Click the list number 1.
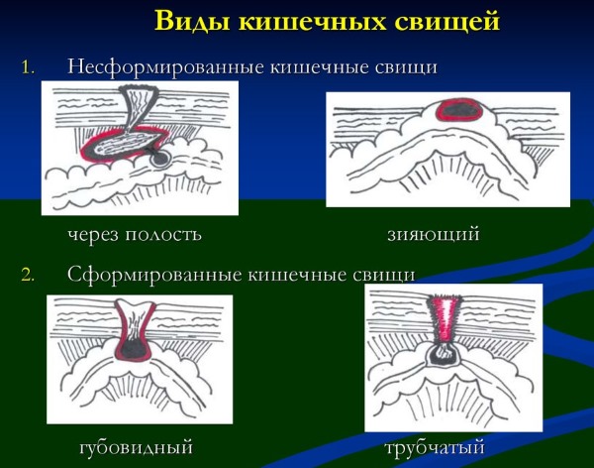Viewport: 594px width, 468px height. click(x=28, y=68)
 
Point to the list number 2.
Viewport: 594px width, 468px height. click(x=28, y=275)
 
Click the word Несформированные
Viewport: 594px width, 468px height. click(x=166, y=67)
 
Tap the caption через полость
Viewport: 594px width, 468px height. click(x=135, y=234)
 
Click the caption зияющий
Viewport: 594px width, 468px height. click(x=434, y=234)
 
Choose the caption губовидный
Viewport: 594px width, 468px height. click(x=137, y=447)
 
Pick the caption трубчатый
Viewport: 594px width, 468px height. click(x=435, y=447)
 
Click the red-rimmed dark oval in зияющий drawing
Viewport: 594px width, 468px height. click(x=459, y=110)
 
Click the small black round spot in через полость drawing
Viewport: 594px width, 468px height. click(x=159, y=160)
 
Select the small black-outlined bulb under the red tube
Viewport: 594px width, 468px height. click(x=443, y=354)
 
